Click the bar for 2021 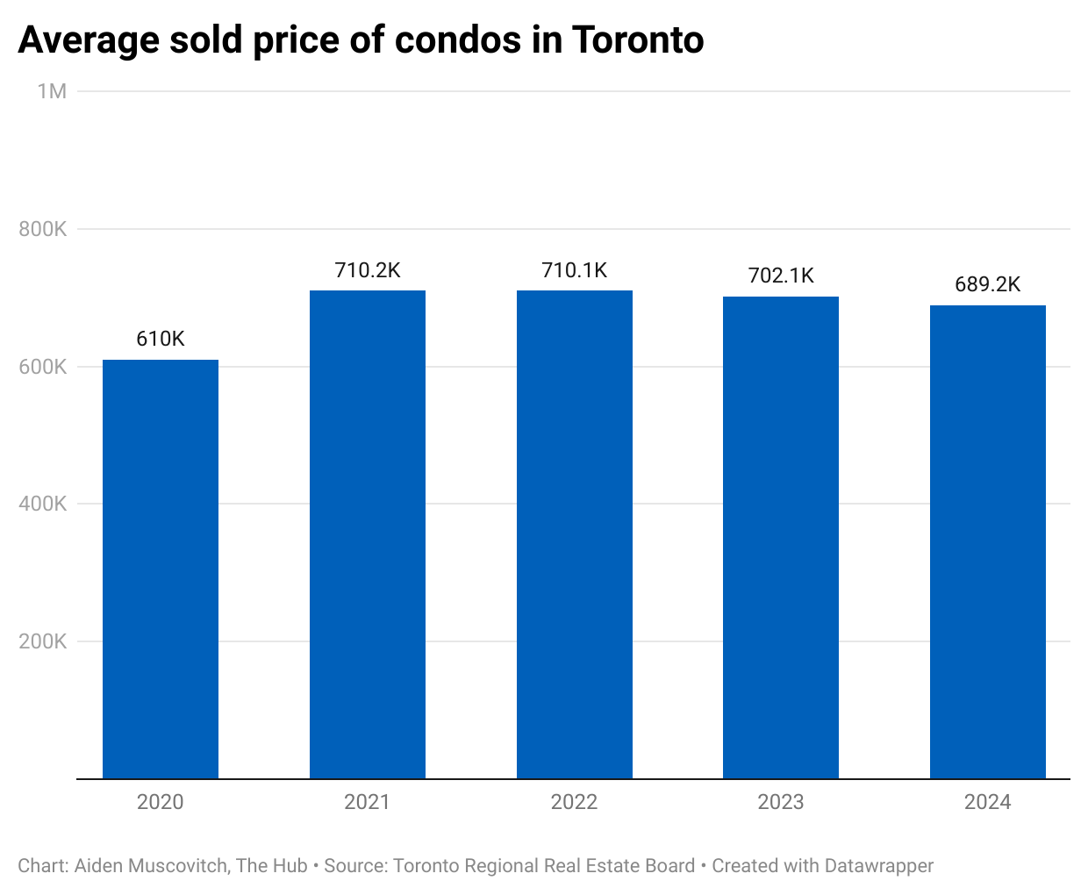pyautogui.click(x=368, y=534)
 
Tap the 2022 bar pyautogui.click(x=575, y=534)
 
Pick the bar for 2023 pyautogui.click(x=781, y=537)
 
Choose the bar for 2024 pyautogui.click(x=988, y=541)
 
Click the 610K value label pyautogui.click(x=161, y=339)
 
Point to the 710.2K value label pyautogui.click(x=368, y=270)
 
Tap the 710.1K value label pyautogui.click(x=575, y=270)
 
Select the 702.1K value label pyautogui.click(x=781, y=276)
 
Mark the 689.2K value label pyautogui.click(x=988, y=284)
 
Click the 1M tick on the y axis pyautogui.click(x=52, y=91)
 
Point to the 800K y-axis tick pyautogui.click(x=43, y=229)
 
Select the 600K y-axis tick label pyautogui.click(x=43, y=367)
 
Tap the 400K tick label pyautogui.click(x=43, y=504)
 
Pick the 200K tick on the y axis pyautogui.click(x=43, y=641)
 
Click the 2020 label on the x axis pyautogui.click(x=161, y=802)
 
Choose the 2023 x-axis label pyautogui.click(x=781, y=802)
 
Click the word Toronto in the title pyautogui.click(x=638, y=39)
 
